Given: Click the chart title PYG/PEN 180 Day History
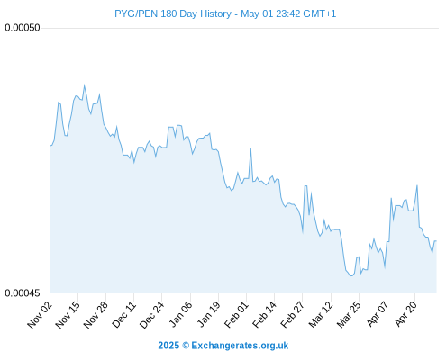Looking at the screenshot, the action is (173, 13).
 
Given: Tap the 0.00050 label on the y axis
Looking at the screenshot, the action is (23, 28).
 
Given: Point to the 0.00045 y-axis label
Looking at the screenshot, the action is (23, 292).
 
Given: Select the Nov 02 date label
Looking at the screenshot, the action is (40, 315).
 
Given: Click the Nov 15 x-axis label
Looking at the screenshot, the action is (68, 315).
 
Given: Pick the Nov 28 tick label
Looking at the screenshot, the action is (96, 315).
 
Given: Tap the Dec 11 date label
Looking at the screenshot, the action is (123, 315).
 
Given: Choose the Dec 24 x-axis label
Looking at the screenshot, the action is (152, 315).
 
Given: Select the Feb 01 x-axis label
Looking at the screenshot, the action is (236, 315).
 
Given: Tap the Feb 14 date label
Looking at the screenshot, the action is (264, 315).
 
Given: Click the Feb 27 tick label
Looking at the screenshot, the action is (293, 315).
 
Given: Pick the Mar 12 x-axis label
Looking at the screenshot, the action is (321, 315).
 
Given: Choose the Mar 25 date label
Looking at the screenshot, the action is (349, 315).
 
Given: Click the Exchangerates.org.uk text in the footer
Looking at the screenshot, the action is (240, 346).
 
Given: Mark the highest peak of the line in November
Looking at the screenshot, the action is (84, 85).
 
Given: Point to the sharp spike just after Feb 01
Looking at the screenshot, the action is (250, 148).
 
